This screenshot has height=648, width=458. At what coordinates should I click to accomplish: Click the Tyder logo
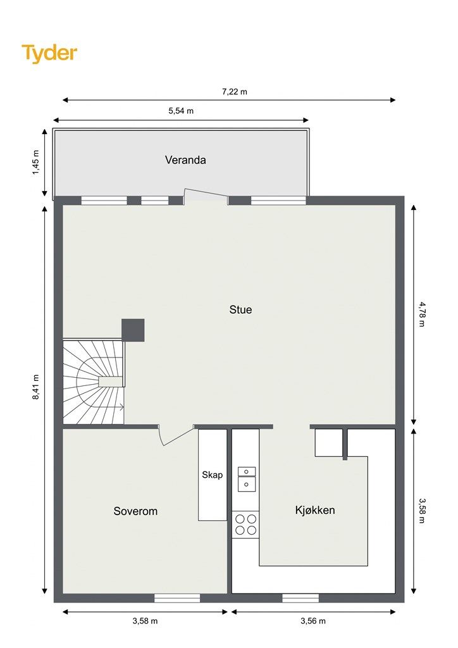49,53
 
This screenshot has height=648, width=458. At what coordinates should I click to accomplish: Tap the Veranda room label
185,160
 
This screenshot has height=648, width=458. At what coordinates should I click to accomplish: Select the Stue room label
240,309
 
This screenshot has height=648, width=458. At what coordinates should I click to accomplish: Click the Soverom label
135,511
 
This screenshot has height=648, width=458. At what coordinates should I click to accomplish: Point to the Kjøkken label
314,510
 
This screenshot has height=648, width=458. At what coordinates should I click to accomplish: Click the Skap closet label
212,475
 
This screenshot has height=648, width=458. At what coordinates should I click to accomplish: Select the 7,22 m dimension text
234,92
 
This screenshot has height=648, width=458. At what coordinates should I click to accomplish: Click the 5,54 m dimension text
180,111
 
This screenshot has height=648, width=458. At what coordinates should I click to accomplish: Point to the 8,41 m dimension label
36,387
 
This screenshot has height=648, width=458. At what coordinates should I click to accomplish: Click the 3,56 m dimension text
313,621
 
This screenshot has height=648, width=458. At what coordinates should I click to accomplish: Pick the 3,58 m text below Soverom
145,621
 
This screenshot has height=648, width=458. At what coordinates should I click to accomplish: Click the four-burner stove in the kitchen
245,525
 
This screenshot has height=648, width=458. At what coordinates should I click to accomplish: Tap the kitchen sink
246,479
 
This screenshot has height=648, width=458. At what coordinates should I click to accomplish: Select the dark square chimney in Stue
133,330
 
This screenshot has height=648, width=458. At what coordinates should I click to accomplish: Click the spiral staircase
94,382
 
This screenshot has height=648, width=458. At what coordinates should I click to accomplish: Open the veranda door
205,197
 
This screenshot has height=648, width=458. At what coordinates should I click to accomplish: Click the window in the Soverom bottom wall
177,597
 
